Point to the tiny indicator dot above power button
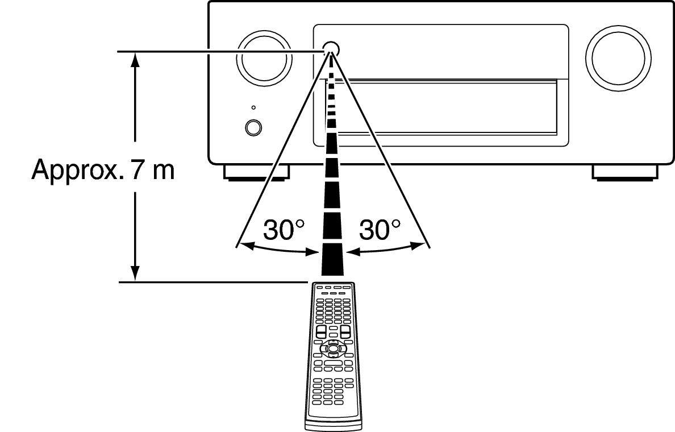(253, 107)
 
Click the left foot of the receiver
(257, 172)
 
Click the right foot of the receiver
(625, 172)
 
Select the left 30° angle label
(284, 230)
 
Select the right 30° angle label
(380, 230)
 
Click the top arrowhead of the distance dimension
(135, 60)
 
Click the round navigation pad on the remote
(333, 348)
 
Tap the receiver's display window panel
(441, 85)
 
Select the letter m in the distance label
(164, 172)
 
